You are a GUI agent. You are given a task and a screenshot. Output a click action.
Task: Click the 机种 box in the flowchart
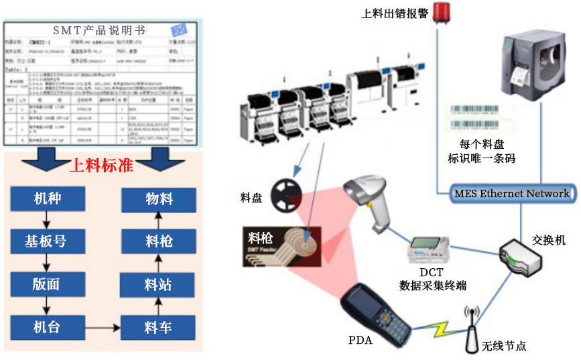click(x=48, y=200)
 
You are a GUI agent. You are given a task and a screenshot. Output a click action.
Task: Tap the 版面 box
click(x=48, y=285)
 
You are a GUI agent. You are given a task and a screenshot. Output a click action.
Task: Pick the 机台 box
click(x=48, y=328)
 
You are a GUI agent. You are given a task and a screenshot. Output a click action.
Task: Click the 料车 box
click(x=158, y=328)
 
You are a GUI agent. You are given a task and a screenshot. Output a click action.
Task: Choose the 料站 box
click(x=158, y=285)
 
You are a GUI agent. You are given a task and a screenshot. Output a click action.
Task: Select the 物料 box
click(x=158, y=200)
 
